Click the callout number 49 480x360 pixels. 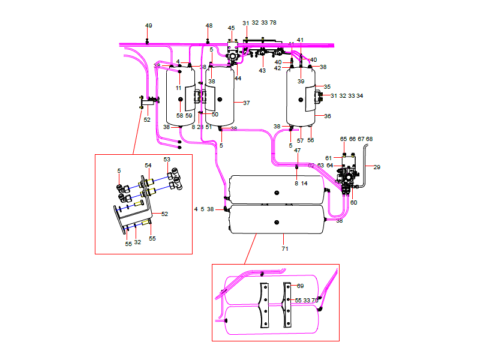coord(149,26)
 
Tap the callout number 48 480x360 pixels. coord(209,26)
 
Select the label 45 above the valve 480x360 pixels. coord(231,28)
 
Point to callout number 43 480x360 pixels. coord(262,71)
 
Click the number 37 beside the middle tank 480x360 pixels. coord(246,103)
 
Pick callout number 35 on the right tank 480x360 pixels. coord(328,87)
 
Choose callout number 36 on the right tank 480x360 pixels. coord(328,116)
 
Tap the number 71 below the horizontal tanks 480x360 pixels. coord(285,248)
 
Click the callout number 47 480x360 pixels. coord(297,151)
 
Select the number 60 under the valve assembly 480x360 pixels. coord(353,203)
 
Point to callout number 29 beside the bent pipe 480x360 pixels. coord(377,167)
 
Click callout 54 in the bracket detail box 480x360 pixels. coord(148,165)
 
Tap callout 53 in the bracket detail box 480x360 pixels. coord(167,159)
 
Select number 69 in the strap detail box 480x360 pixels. coord(300,286)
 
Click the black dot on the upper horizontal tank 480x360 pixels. coord(277,193)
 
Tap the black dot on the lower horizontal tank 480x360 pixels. coord(277,221)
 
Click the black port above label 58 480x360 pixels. coord(179,106)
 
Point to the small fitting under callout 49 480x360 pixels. coord(148,41)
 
